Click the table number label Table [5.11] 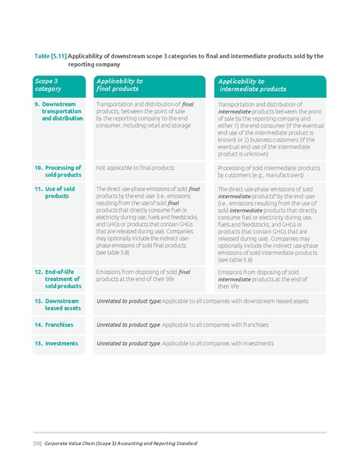51,56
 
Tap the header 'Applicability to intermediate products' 252,85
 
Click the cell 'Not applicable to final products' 129,167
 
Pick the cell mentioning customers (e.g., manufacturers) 268,171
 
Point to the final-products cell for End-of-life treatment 143,275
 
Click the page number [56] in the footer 37,443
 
